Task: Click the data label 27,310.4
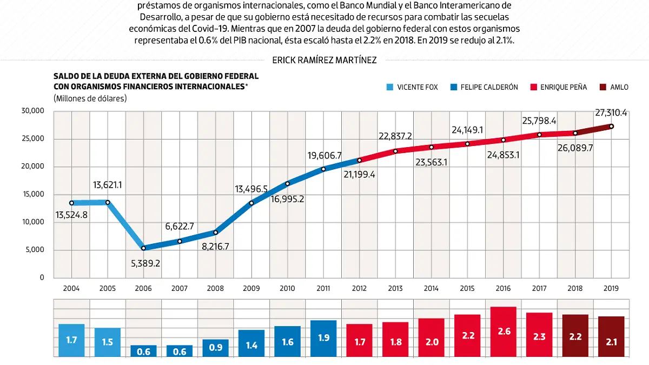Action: pos(610,113)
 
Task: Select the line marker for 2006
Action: pos(143,248)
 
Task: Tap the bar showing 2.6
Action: pos(503,331)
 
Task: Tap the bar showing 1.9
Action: pos(323,338)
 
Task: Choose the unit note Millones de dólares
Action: pos(90,98)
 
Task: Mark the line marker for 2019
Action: pos(611,127)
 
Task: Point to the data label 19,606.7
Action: pos(325,156)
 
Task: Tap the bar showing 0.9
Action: pos(215,348)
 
